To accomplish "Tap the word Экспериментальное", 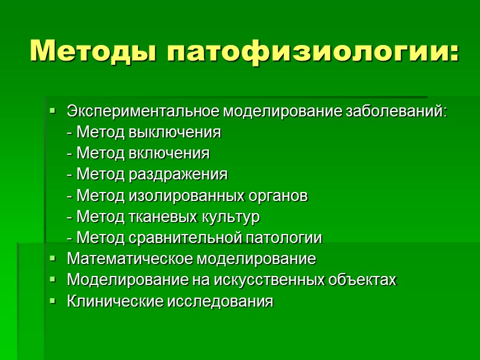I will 143,112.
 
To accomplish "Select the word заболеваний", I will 400,112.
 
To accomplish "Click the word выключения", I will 175,132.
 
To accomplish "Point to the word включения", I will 170,153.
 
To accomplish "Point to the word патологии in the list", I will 285,238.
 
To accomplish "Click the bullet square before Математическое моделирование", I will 53,259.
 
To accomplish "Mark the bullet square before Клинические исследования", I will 53,301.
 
